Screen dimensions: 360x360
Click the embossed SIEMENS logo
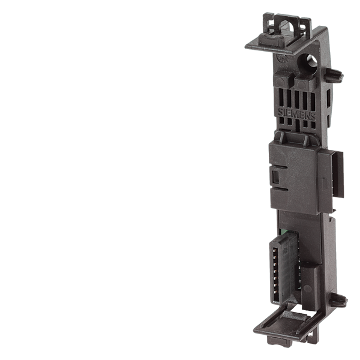(x=296, y=115)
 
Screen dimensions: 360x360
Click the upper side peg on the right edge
(x=334, y=75)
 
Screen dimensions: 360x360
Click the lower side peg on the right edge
(x=338, y=300)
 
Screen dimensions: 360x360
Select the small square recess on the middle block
(x=276, y=178)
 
